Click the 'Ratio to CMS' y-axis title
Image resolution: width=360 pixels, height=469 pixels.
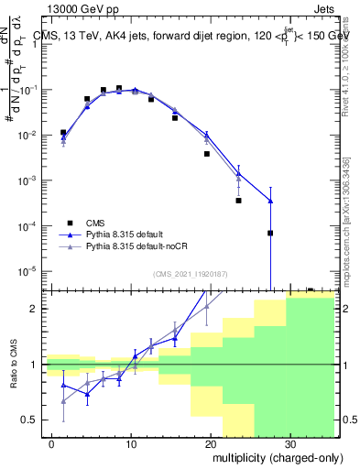pyautogui.click(x=16, y=365)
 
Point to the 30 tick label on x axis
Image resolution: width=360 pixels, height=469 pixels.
pyautogui.click(x=289, y=443)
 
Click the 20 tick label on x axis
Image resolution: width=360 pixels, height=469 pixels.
pyautogui.click(x=211, y=443)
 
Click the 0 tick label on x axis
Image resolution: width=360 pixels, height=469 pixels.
pyautogui.click(x=52, y=443)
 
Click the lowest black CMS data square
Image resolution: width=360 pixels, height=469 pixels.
pyautogui.click(x=270, y=233)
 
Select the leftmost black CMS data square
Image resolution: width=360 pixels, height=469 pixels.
pyautogui.click(x=63, y=133)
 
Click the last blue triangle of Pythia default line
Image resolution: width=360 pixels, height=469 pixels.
pyautogui.click(x=270, y=201)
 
